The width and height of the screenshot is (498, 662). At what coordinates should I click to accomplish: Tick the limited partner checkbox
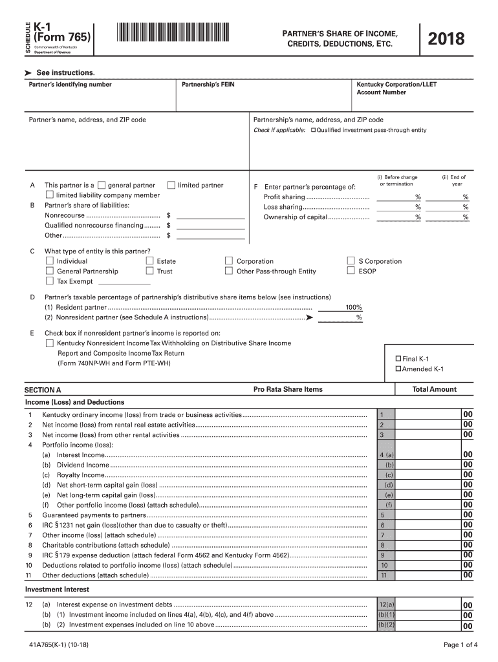tap(171, 185)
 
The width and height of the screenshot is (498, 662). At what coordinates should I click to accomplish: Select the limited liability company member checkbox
tap(50, 195)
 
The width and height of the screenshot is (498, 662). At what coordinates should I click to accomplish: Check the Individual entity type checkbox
tap(50, 261)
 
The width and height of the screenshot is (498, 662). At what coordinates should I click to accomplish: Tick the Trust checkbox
tap(150, 272)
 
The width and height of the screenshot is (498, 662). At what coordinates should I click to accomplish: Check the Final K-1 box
tap(398, 359)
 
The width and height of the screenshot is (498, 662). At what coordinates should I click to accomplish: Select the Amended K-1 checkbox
tap(398, 369)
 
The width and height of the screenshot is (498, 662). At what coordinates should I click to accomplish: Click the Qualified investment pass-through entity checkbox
tap(314, 131)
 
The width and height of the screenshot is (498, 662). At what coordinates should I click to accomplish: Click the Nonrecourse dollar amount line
tap(210, 215)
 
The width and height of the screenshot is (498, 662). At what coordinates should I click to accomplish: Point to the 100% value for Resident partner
tap(353, 308)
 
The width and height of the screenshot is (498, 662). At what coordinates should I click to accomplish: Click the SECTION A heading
tap(43, 390)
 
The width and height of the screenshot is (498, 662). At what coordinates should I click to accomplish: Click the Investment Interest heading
tap(57, 590)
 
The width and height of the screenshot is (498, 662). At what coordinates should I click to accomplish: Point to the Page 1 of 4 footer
tap(460, 645)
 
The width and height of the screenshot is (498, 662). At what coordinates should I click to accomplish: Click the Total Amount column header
tap(434, 389)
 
